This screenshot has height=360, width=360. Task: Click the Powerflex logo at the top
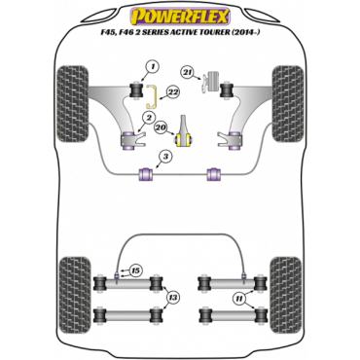(x=180, y=17)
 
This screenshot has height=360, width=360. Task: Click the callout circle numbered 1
(x=154, y=67)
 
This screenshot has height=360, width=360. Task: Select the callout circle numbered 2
(x=149, y=119)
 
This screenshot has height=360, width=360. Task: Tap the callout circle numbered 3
(x=165, y=158)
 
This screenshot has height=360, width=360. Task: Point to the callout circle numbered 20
(x=162, y=126)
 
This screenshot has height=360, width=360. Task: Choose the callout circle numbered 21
(x=188, y=72)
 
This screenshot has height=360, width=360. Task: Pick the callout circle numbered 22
(x=173, y=92)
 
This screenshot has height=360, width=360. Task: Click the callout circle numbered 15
(x=135, y=271)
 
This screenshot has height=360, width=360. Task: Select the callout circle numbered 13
(x=173, y=297)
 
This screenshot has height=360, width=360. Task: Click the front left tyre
(x=72, y=104)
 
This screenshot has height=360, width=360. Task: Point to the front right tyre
(x=288, y=104)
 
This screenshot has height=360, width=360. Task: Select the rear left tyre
(x=75, y=295)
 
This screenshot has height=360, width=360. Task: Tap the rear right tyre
(x=285, y=295)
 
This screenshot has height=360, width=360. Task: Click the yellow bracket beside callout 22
(x=151, y=96)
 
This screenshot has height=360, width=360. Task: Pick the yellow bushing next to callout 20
(x=184, y=140)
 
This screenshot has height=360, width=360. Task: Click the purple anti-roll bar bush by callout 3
(x=146, y=173)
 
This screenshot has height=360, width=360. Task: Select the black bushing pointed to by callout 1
(x=136, y=90)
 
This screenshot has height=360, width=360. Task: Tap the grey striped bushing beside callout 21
(x=213, y=82)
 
